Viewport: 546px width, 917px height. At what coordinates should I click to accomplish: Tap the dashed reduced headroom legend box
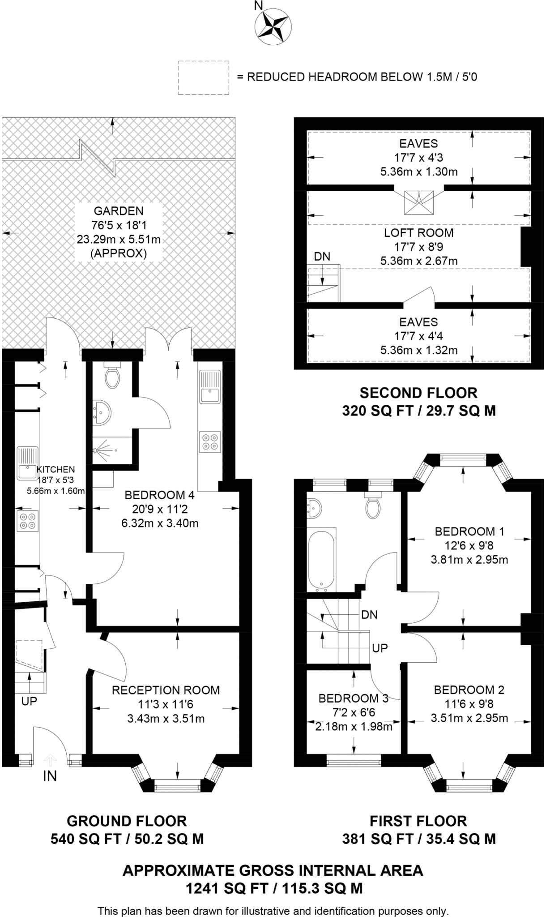pos(204,77)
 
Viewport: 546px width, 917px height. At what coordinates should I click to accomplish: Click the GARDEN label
pos(119,211)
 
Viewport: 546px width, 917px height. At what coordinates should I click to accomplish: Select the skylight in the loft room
pos(419,201)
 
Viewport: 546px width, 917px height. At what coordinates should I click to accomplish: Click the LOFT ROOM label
pos(419,233)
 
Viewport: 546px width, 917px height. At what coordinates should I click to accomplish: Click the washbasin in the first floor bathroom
pos(315,508)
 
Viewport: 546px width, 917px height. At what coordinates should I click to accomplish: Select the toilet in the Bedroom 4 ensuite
pos(112,375)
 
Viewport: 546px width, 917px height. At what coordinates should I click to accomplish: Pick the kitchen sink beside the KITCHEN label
pos(28,463)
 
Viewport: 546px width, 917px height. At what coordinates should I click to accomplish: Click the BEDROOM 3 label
pos(354,698)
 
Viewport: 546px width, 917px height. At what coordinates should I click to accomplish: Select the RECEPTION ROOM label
pos(166,690)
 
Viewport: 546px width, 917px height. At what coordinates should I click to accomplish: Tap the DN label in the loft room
pos(322,257)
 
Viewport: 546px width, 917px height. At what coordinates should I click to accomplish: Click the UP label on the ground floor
pos(29,702)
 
